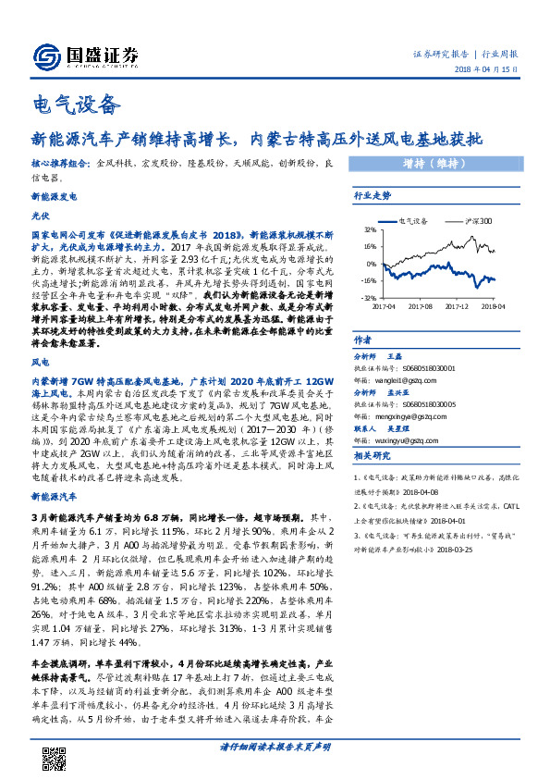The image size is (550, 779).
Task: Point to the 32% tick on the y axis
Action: tap(370, 229)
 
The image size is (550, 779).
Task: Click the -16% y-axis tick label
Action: tap(369, 280)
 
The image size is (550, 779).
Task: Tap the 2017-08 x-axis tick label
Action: tap(421, 305)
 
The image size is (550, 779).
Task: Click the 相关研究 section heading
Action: tap(373, 456)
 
